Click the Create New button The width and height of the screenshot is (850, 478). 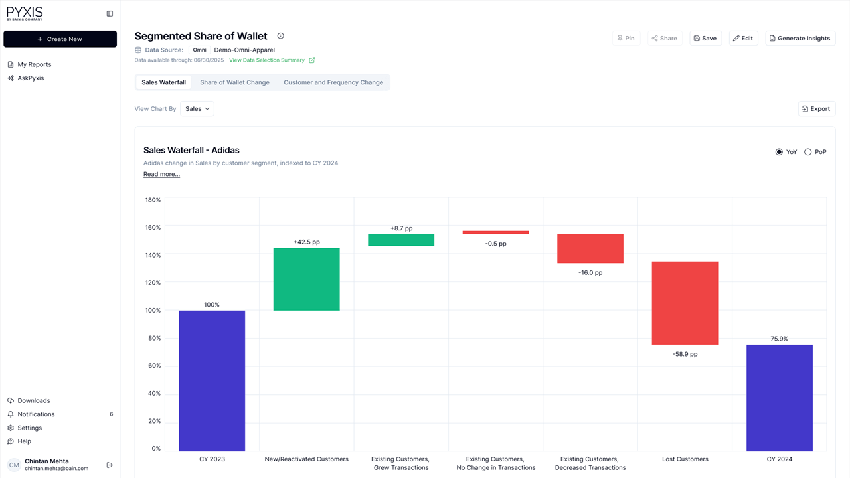(60, 39)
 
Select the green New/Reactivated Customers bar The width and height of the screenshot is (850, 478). (306, 279)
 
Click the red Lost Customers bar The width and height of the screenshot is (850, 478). (685, 303)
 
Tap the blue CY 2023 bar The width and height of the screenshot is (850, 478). (212, 380)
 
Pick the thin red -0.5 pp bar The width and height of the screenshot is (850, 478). (495, 232)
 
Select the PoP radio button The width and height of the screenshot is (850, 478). (807, 152)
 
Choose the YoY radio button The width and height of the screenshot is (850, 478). (779, 152)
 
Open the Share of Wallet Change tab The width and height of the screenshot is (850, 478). (234, 82)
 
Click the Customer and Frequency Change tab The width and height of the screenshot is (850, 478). (333, 82)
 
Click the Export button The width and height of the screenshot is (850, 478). (816, 109)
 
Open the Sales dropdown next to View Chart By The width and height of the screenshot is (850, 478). (197, 109)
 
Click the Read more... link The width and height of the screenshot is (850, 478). (161, 174)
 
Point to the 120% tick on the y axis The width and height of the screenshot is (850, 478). (153, 283)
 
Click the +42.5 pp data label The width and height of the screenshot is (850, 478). (306, 242)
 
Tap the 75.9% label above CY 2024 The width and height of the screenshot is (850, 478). (779, 339)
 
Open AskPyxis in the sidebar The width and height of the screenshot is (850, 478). (31, 78)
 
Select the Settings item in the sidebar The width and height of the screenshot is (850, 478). (29, 428)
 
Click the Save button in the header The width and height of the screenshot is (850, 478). (705, 39)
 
